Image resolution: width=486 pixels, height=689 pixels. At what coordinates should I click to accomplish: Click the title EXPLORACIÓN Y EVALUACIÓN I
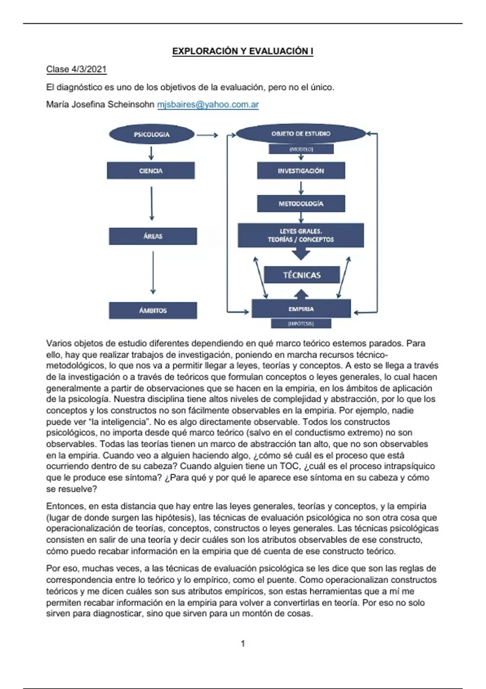[243, 51]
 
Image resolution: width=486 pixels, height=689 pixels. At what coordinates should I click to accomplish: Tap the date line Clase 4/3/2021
[76, 69]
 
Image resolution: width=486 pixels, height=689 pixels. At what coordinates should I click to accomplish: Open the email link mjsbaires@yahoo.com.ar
[208, 105]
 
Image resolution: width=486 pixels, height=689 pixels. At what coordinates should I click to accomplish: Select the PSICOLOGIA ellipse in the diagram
[151, 134]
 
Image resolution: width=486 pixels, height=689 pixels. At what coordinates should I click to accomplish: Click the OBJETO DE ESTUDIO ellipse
[301, 134]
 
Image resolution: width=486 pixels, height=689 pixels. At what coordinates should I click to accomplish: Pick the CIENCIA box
[151, 171]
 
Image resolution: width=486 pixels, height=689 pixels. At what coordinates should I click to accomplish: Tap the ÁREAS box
[153, 236]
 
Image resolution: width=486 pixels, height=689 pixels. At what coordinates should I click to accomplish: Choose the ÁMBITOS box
[153, 310]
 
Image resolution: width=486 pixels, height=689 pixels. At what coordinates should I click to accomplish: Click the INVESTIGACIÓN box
[301, 171]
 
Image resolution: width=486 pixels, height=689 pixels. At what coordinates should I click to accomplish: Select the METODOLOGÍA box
[301, 203]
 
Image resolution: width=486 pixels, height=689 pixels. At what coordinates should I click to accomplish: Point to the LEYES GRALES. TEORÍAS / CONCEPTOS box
[301, 235]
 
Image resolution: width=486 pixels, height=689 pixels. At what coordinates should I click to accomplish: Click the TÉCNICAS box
[302, 275]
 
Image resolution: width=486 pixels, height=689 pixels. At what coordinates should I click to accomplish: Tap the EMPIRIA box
[301, 309]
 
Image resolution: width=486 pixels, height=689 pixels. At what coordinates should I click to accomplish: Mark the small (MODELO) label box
[301, 149]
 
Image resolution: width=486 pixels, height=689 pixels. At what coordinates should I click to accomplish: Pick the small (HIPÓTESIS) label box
[301, 323]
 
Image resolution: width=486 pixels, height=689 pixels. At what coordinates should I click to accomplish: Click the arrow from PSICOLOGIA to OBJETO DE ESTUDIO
[207, 135]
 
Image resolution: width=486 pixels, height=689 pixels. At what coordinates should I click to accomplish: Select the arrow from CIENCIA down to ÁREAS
[152, 203]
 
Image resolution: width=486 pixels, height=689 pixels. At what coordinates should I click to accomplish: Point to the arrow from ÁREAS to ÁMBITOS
[153, 272]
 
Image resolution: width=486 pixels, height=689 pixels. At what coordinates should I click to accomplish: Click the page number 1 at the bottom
[243, 644]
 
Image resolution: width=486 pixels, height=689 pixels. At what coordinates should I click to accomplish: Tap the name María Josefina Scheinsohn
[100, 105]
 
